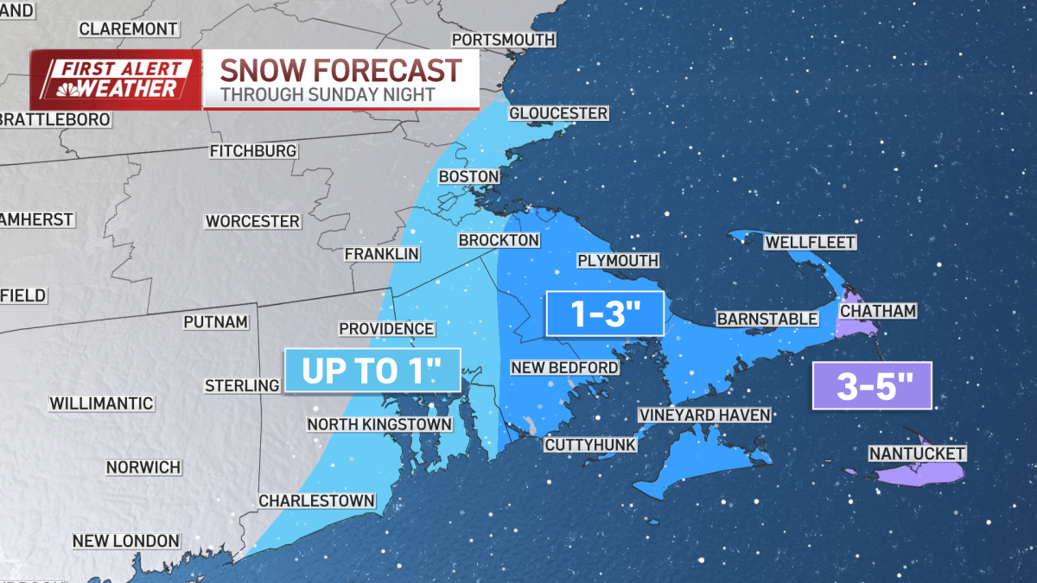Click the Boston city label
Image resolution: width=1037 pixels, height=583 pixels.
(x=469, y=176)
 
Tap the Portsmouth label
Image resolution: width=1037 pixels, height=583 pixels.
(x=503, y=40)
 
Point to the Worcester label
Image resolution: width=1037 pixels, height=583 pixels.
(x=252, y=221)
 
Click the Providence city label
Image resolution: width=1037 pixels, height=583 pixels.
(x=386, y=329)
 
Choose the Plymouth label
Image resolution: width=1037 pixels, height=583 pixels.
(x=618, y=261)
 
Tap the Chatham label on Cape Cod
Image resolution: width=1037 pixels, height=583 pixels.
(x=878, y=310)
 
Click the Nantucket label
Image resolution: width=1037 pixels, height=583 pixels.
(x=917, y=453)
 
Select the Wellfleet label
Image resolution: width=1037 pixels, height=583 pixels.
(x=810, y=243)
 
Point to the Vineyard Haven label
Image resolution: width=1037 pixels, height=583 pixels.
(x=704, y=415)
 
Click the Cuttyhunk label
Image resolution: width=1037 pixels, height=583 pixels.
(x=590, y=445)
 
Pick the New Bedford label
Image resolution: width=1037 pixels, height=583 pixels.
(x=564, y=368)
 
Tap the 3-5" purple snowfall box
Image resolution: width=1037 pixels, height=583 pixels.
(x=872, y=385)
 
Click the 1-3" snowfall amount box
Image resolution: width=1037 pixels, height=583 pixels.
(x=604, y=314)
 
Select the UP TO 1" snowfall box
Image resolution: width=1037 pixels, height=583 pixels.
(x=372, y=371)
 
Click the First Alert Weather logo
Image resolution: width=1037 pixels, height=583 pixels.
(x=116, y=79)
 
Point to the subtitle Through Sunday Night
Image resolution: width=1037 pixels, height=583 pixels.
(x=328, y=94)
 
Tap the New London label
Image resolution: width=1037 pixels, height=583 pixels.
(x=125, y=541)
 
